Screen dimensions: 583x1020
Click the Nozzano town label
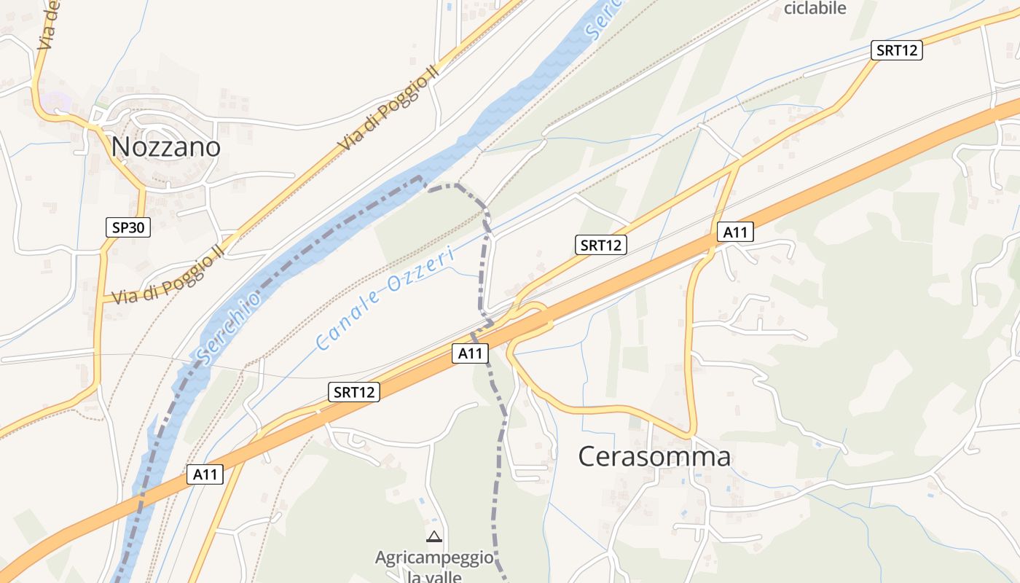[165, 146]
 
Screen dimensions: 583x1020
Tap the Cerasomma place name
[654, 457]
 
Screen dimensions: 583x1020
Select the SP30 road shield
[128, 227]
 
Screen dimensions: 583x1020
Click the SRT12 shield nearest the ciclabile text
[897, 50]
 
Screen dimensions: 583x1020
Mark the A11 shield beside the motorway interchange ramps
[471, 353]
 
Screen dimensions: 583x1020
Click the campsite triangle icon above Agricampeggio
[434, 537]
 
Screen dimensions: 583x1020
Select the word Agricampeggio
[434, 558]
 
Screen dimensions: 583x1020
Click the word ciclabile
[815, 8]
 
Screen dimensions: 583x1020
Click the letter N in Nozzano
[120, 146]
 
